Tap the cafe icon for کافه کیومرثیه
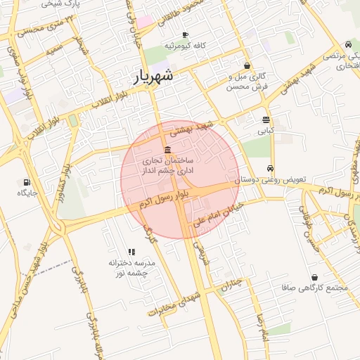pyautogui.click(x=185, y=34)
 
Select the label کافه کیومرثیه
pyautogui.click(x=185, y=46)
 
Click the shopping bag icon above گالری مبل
pyautogui.click(x=246, y=65)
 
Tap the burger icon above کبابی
pyautogui.click(x=266, y=120)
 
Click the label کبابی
pyautogui.click(x=266, y=131)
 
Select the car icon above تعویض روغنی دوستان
pyautogui.click(x=270, y=169)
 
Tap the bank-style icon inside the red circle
pyautogui.click(x=167, y=150)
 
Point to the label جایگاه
pyautogui.click(x=27, y=192)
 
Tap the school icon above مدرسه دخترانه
pyautogui.click(x=131, y=251)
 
